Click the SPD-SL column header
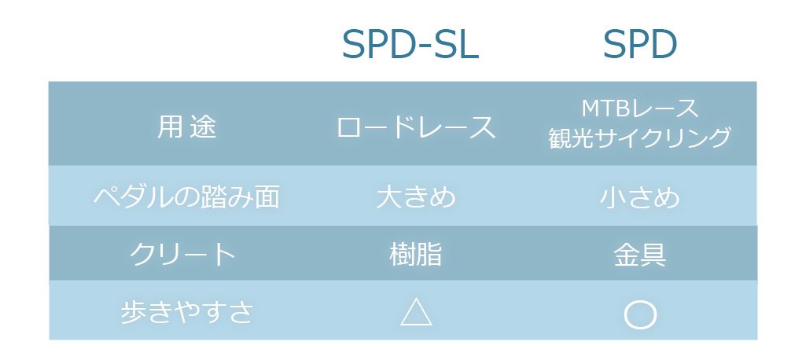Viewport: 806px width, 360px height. click(410, 45)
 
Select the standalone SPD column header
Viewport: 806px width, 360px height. click(640, 45)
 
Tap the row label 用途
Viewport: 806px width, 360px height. click(186, 127)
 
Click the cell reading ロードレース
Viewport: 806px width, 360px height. click(416, 127)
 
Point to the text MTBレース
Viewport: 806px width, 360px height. click(640, 108)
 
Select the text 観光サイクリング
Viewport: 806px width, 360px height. click(640, 138)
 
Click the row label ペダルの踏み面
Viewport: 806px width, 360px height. click(186, 197)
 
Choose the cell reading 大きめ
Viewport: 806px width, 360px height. click(416, 197)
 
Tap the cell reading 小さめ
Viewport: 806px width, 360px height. click(640, 197)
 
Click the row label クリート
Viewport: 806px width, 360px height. click(182, 254)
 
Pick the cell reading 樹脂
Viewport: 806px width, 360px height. click(416, 254)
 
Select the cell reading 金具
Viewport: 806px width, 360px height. click(640, 254)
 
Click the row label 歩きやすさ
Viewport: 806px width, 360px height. click(187, 312)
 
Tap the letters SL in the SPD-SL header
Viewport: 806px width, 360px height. click(457, 45)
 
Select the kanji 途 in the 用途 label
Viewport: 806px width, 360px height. click(203, 127)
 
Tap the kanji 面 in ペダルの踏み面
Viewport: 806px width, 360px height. click(267, 197)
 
